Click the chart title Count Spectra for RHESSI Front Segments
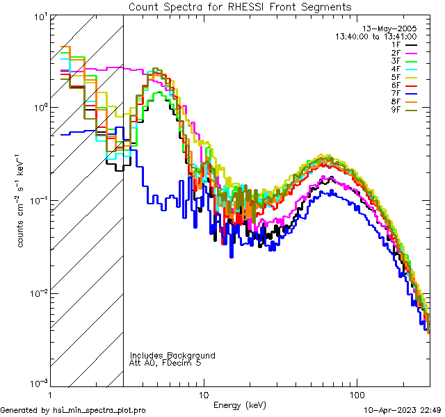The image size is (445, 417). pos(240,7)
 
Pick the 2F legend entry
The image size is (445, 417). pos(396,53)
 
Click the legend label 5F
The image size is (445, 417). pos(396,76)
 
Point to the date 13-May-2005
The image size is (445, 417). pos(392,28)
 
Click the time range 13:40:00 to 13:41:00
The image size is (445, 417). pos(376,36)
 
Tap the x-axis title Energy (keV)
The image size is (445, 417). pos(240,405)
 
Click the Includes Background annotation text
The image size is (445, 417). pos(172,355)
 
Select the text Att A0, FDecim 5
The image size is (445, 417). pos(165,363)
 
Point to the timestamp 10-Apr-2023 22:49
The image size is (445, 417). pos(398,411)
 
